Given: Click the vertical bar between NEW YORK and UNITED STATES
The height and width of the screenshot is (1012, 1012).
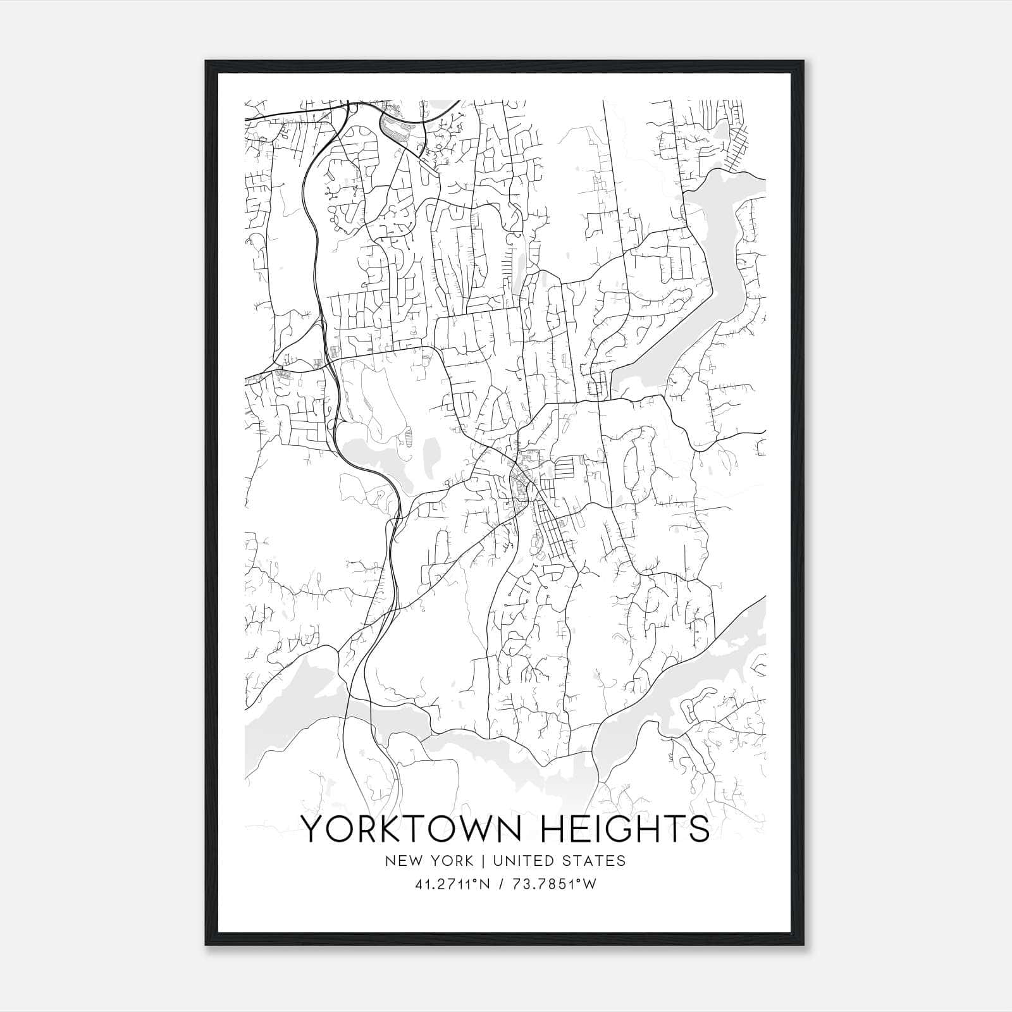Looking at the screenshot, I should [483, 861].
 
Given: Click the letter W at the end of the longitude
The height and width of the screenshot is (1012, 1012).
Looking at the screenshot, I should [589, 885].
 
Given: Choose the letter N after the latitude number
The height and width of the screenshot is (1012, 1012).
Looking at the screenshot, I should [486, 885].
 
